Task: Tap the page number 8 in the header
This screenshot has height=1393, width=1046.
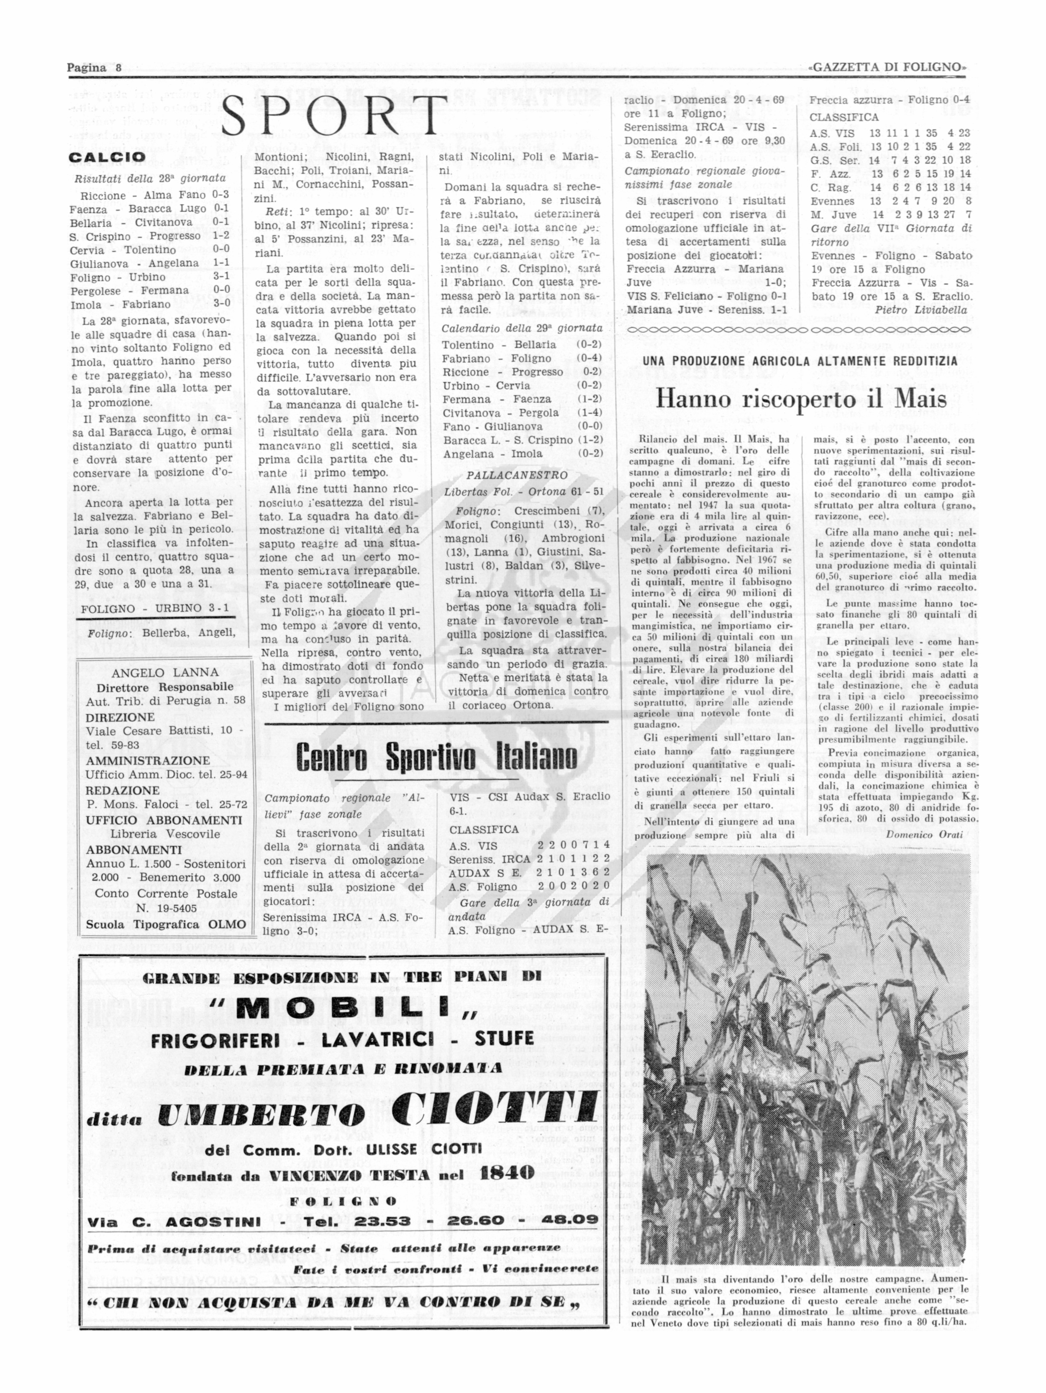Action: (118, 67)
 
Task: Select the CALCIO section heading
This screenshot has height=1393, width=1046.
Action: (107, 157)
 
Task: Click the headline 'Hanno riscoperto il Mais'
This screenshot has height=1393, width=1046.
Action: (801, 399)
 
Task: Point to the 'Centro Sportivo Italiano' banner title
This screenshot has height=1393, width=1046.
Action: (436, 757)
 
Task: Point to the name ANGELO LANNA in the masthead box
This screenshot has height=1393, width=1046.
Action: (165, 672)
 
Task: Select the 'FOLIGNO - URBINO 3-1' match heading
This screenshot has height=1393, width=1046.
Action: (155, 608)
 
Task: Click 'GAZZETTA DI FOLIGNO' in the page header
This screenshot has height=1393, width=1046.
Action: (887, 67)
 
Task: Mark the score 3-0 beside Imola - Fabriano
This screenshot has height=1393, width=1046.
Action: (222, 303)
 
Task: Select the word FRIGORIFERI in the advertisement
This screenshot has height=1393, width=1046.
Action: (215, 1039)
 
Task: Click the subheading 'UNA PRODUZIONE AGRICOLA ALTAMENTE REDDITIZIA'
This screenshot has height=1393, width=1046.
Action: (800, 361)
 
